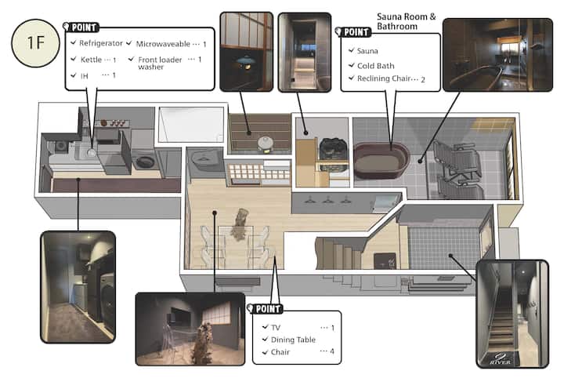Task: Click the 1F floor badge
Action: coord(35,43)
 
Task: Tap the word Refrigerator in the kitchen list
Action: coord(101,43)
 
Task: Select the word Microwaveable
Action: coord(163,44)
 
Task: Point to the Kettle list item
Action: coord(91,60)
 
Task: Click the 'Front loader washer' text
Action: coord(160,63)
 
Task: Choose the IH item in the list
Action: coord(84,75)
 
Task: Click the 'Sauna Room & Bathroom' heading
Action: coord(406,21)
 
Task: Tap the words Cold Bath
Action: coord(375,66)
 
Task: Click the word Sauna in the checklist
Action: coord(367,51)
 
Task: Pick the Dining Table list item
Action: coord(293,340)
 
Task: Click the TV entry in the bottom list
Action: coord(276,327)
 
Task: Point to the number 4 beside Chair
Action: coord(331,351)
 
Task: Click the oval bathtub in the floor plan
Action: coord(381,161)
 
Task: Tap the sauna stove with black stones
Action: coord(333,149)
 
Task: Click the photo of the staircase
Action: coord(512,314)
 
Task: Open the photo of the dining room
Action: coord(190,329)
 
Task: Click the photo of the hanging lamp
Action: coord(247,51)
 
